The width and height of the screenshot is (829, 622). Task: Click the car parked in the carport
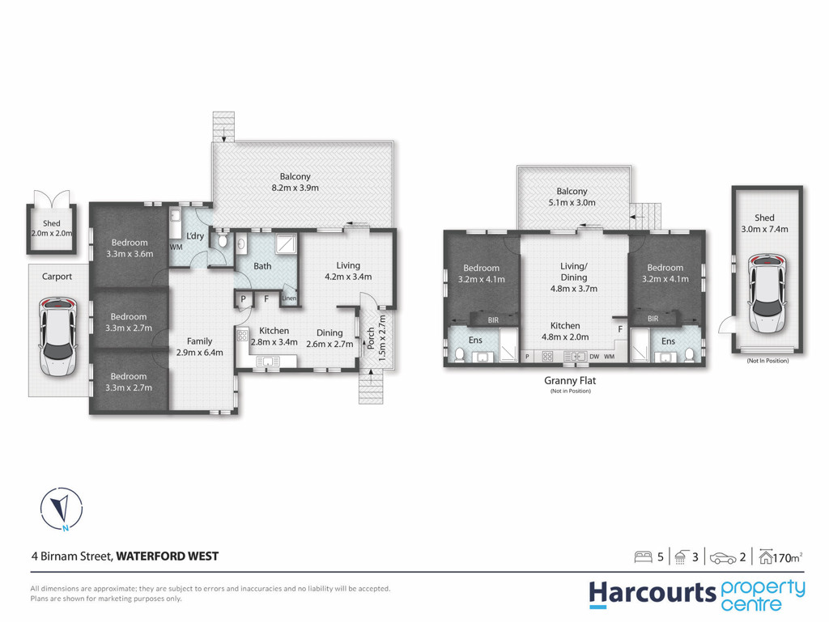coord(57,336)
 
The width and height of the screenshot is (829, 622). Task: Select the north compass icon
coord(62,509)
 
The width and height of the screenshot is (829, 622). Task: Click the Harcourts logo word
coord(653,594)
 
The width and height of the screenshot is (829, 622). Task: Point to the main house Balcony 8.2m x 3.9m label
coord(295,182)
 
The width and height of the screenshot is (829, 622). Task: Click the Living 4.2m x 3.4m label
coord(348,271)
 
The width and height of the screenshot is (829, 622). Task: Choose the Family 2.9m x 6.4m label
coord(199,347)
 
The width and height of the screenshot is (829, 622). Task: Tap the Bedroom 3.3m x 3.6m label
coord(130,248)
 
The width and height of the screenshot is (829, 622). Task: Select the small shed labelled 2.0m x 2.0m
coord(52,229)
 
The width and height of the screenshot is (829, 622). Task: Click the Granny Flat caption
coord(570,380)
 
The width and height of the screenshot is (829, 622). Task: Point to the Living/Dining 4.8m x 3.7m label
coord(574,277)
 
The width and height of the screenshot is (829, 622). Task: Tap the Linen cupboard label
coord(289,298)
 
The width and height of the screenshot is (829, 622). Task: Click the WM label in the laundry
coord(176,248)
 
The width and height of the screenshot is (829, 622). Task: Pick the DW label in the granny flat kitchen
coord(594,357)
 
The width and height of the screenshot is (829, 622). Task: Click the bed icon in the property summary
coord(643,557)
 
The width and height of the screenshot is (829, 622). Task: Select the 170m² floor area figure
coord(788,557)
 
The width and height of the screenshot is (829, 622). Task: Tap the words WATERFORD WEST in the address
coord(167,556)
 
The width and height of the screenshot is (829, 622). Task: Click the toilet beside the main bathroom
coord(223,243)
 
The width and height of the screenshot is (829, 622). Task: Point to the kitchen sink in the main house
coord(269,362)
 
